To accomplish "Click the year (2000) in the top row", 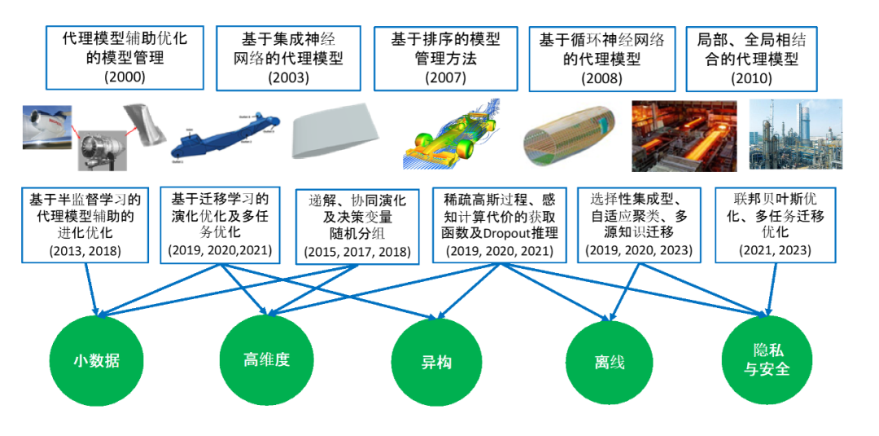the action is tap(125, 77).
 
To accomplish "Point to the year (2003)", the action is tap(288, 77).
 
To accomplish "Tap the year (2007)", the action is tap(446, 77).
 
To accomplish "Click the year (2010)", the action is tap(751, 77).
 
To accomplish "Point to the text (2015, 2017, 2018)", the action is tap(357, 252).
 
